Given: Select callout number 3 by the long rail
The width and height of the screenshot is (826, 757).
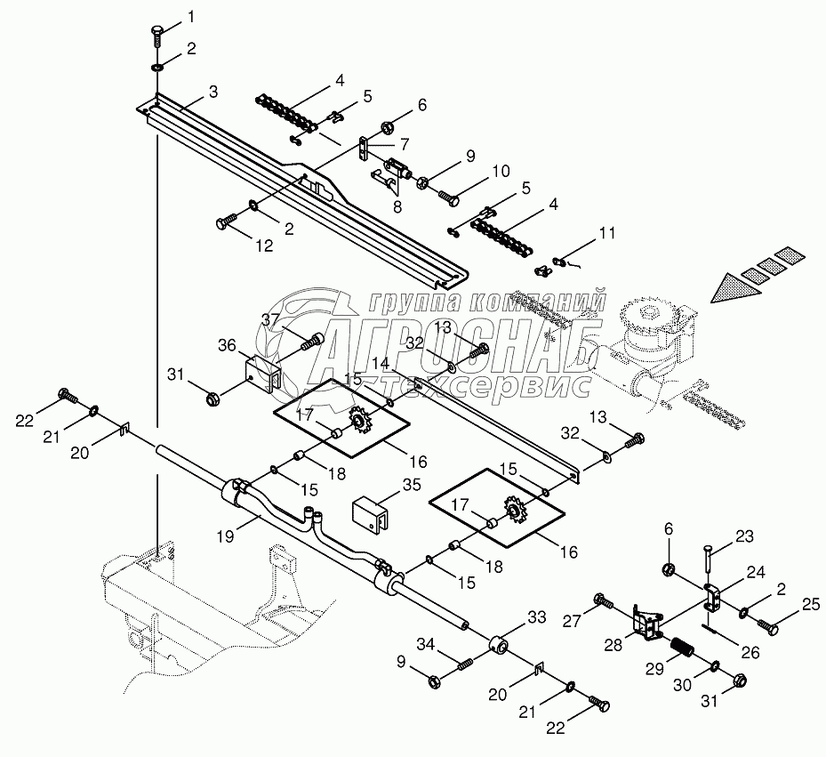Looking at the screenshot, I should [x=213, y=92].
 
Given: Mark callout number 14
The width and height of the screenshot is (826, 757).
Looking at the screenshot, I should [x=381, y=364].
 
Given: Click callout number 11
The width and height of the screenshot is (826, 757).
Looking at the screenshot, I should [x=607, y=235].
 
